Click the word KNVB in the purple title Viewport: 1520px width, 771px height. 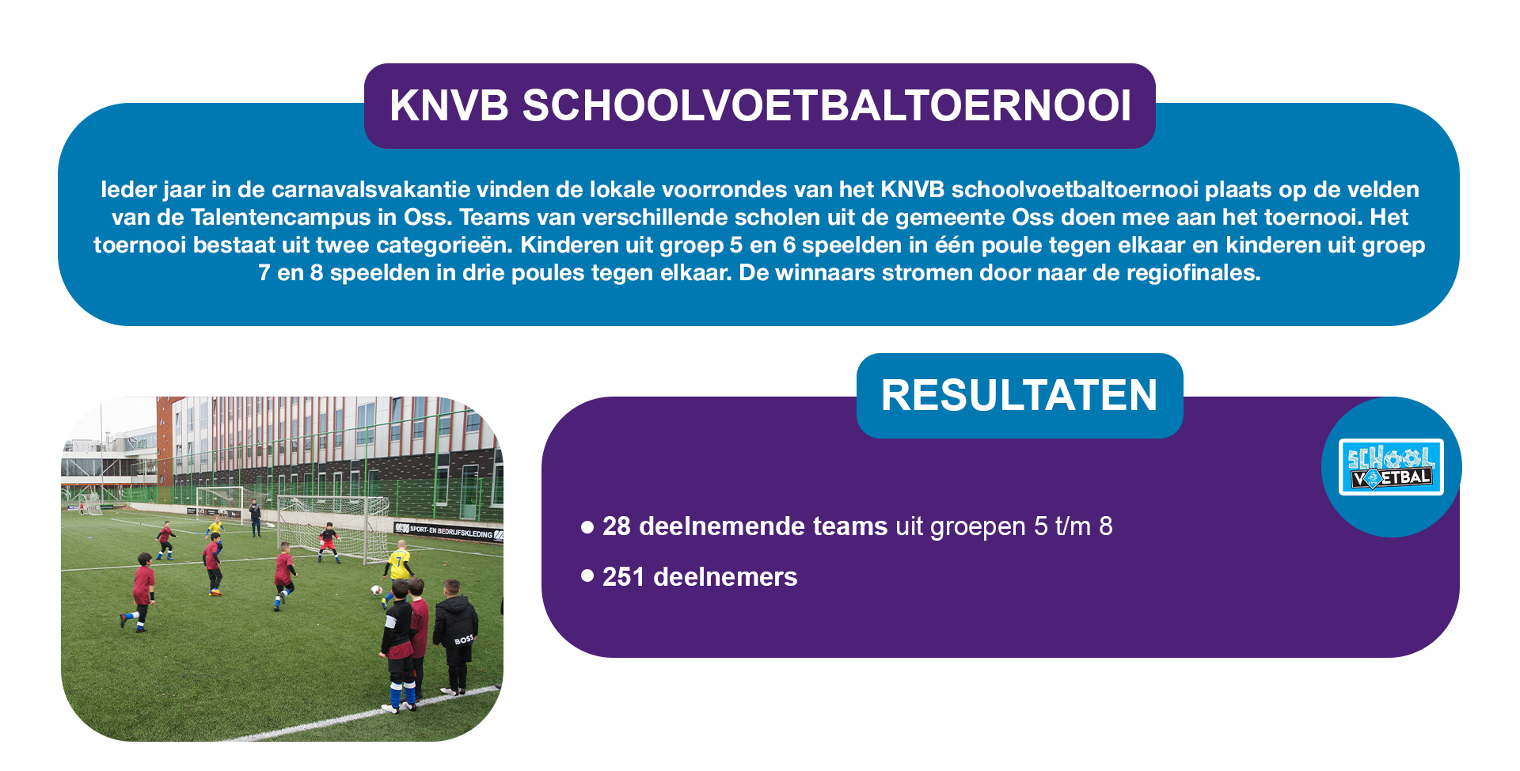coord(449,105)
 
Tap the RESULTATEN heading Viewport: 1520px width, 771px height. coord(1019,395)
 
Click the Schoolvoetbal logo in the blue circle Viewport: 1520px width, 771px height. coord(1391,467)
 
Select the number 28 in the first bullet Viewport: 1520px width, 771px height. coord(617,526)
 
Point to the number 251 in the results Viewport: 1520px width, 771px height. coord(624,576)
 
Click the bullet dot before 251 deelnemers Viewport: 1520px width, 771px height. coord(587,575)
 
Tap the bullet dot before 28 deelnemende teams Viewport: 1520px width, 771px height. coord(587,526)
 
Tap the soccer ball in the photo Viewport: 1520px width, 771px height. coord(377,590)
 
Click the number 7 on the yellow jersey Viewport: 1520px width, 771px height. coord(400,563)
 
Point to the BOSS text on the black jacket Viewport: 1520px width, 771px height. coord(464,639)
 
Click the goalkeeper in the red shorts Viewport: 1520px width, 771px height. coord(328,542)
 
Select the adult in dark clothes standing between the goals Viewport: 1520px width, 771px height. coord(255,518)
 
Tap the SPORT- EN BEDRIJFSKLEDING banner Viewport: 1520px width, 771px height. coord(448,531)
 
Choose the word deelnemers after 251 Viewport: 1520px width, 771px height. coord(725,576)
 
